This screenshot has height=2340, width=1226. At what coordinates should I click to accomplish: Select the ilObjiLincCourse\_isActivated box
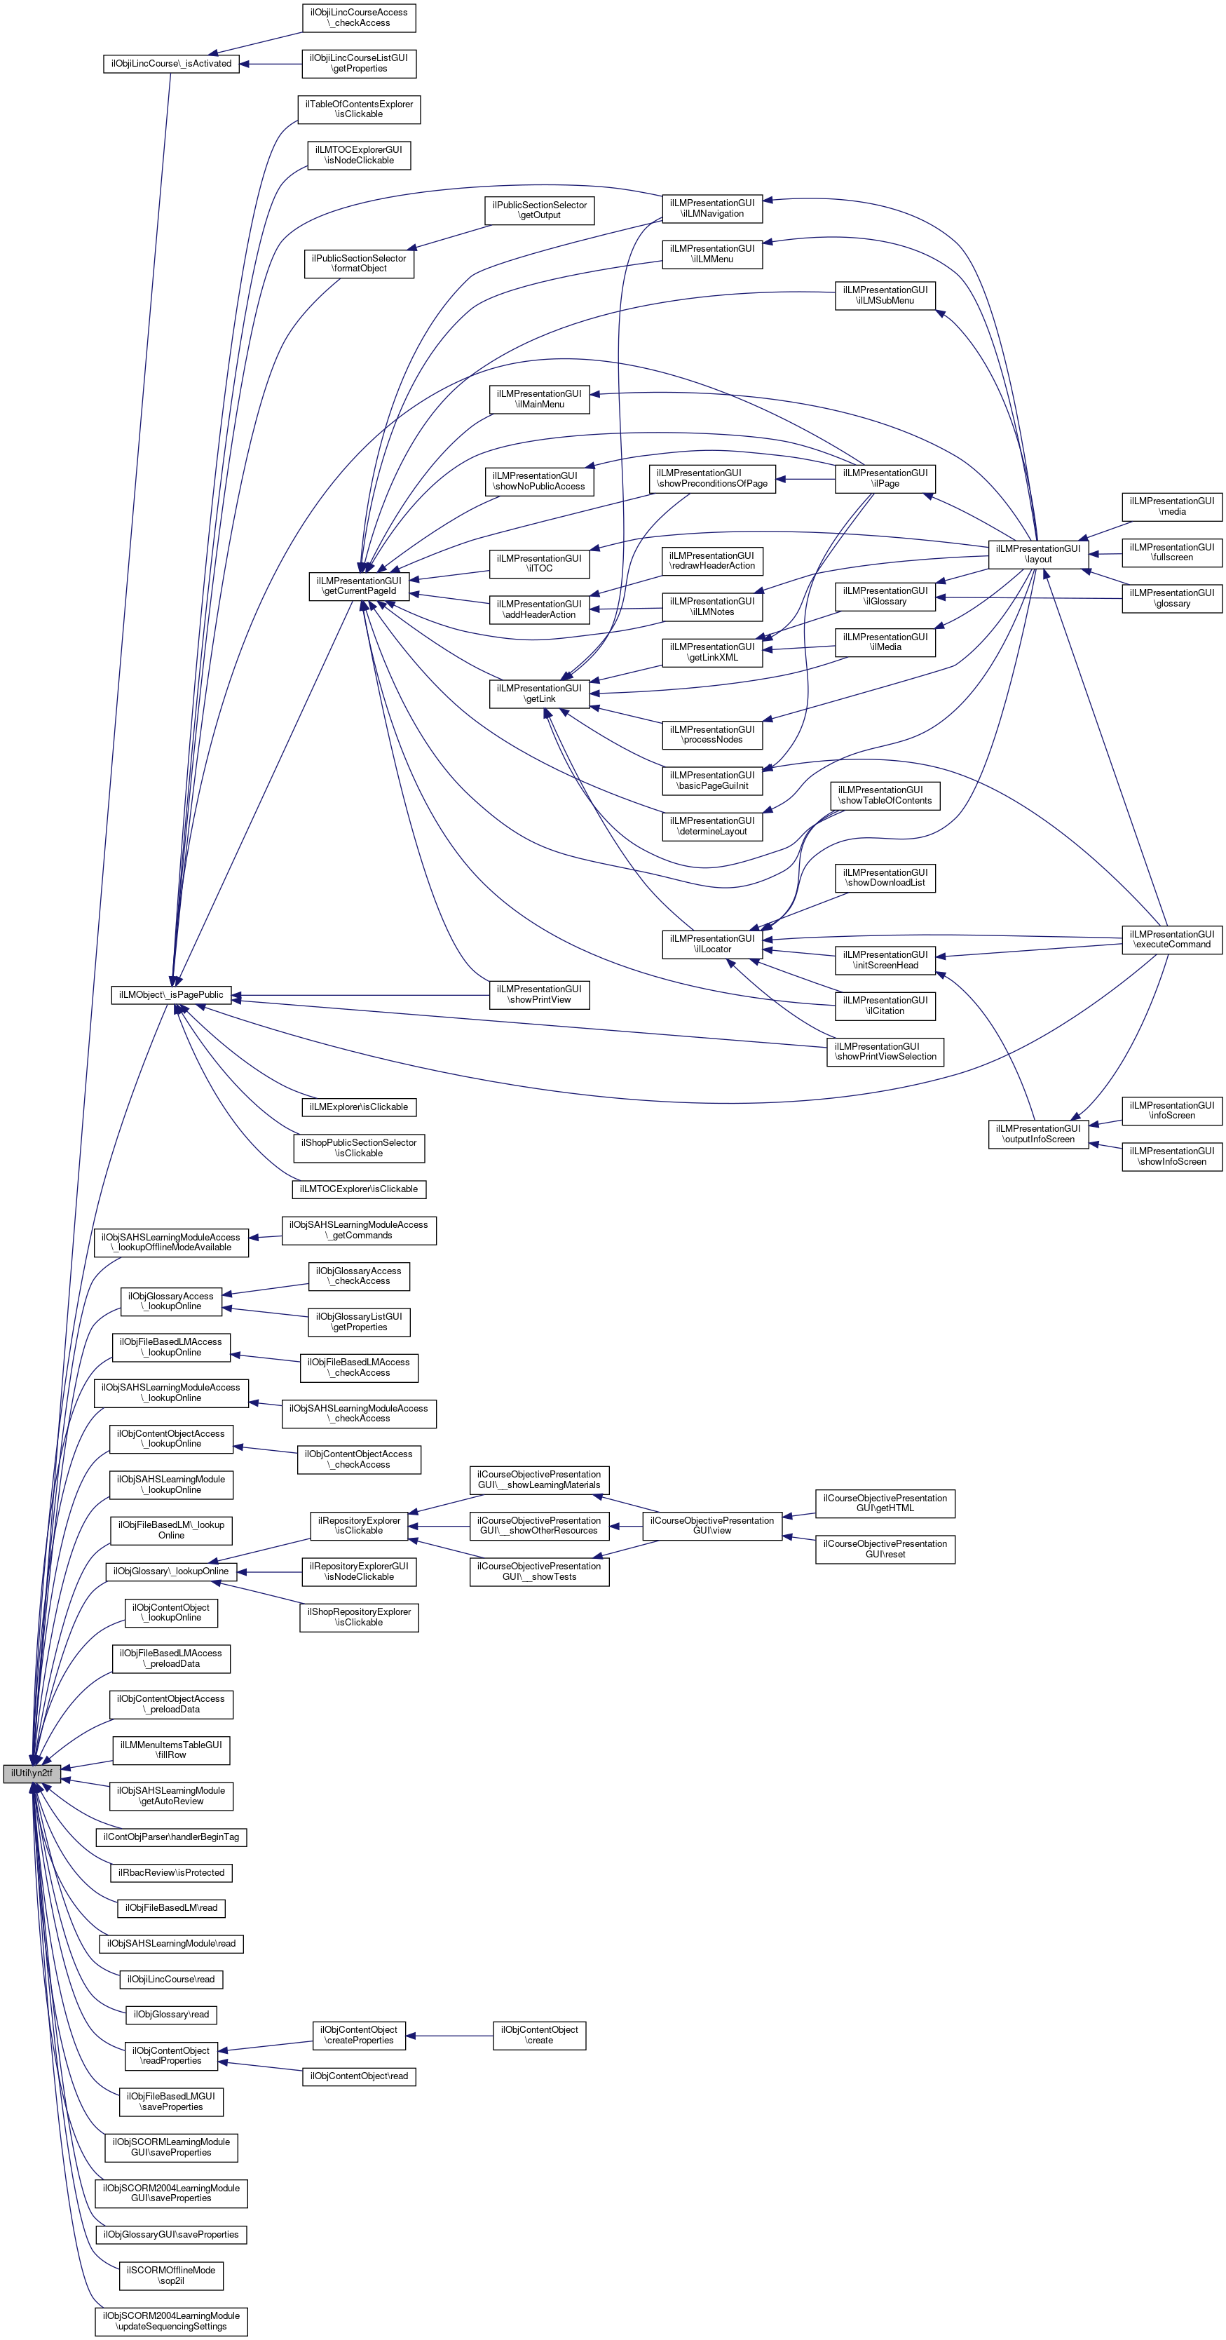point(171,64)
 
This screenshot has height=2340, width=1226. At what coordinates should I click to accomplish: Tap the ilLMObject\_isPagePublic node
point(171,994)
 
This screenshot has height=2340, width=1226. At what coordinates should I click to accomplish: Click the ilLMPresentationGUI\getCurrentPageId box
point(359,586)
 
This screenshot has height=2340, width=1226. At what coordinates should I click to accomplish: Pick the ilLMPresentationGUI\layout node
point(1038,554)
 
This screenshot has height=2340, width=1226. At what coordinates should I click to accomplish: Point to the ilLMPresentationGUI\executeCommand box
point(1171,939)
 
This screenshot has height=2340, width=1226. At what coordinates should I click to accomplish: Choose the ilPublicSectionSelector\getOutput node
point(540,210)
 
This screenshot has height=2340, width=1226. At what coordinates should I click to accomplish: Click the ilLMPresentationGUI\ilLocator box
point(712,944)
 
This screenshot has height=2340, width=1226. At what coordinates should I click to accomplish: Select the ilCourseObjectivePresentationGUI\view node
point(712,1525)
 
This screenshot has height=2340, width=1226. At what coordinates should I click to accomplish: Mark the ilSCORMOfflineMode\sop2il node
point(171,2275)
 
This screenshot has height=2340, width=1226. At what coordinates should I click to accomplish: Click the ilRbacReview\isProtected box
point(171,1872)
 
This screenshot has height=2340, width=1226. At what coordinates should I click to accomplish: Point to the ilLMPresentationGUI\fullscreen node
point(1171,553)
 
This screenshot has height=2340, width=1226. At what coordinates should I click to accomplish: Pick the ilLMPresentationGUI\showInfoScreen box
point(1171,1156)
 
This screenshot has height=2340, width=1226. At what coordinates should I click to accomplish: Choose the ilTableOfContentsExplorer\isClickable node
point(359,109)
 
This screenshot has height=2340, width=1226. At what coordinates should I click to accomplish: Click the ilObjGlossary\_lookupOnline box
point(171,1571)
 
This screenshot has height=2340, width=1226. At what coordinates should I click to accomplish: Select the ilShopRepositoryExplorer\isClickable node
point(359,1617)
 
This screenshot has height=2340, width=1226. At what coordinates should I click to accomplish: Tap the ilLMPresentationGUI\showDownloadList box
point(885,877)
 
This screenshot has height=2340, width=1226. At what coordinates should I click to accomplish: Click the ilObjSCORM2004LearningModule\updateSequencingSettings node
point(171,2321)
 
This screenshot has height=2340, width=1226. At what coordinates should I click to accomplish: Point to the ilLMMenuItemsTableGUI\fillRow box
point(171,1750)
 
